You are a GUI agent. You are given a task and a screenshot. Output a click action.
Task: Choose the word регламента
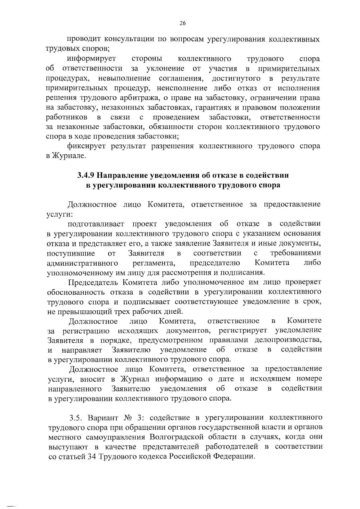[x=154, y=263]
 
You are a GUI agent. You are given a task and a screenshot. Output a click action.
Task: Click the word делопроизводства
[x=288, y=340]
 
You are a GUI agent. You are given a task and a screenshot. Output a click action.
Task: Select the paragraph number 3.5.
[x=75, y=418]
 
